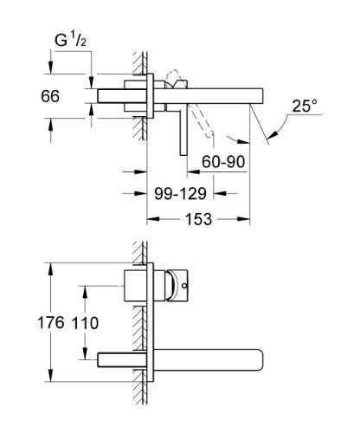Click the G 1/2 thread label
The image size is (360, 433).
click(x=71, y=40)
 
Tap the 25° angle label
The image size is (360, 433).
click(x=304, y=106)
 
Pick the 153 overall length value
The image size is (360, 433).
click(x=197, y=220)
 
